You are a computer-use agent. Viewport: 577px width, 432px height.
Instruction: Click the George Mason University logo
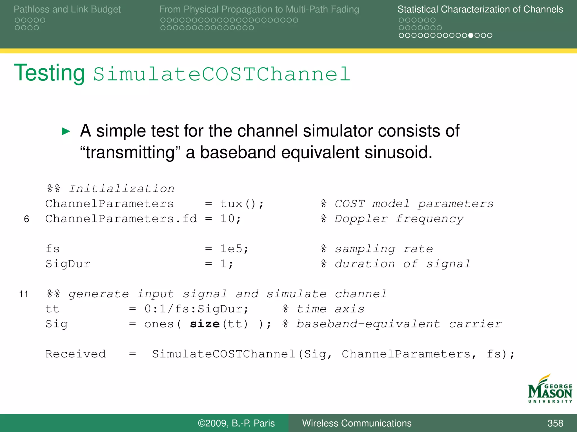point(550,389)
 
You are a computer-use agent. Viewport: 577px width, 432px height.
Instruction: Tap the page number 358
point(555,423)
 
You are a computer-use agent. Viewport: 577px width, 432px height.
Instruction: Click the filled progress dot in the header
point(471,35)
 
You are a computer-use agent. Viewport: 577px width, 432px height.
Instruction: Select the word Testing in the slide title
point(49,73)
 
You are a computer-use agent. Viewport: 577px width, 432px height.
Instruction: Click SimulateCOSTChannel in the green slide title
point(222,74)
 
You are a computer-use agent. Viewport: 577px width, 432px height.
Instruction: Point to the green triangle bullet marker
point(66,131)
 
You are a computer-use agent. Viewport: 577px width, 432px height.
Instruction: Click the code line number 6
point(26,219)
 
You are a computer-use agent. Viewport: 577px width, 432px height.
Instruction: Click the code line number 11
point(24,294)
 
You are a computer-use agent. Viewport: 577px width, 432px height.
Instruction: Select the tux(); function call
point(242,204)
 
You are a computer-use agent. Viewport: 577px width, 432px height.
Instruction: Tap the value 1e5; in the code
point(234,249)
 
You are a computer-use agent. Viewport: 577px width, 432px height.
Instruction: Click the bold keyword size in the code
point(205,324)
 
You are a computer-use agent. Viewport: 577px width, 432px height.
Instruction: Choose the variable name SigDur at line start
point(68,264)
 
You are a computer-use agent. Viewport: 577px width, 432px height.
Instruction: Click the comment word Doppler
point(361,219)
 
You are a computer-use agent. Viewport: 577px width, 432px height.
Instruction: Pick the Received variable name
point(76,354)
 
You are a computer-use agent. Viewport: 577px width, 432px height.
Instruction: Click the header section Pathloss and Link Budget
point(67,9)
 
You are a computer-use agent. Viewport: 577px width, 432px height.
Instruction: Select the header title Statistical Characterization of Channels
point(480,9)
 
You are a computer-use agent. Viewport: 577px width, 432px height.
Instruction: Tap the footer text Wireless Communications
point(357,423)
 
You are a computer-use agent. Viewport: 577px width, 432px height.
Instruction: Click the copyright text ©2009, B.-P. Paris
point(236,423)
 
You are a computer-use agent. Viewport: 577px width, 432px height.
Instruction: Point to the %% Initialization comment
point(110,189)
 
